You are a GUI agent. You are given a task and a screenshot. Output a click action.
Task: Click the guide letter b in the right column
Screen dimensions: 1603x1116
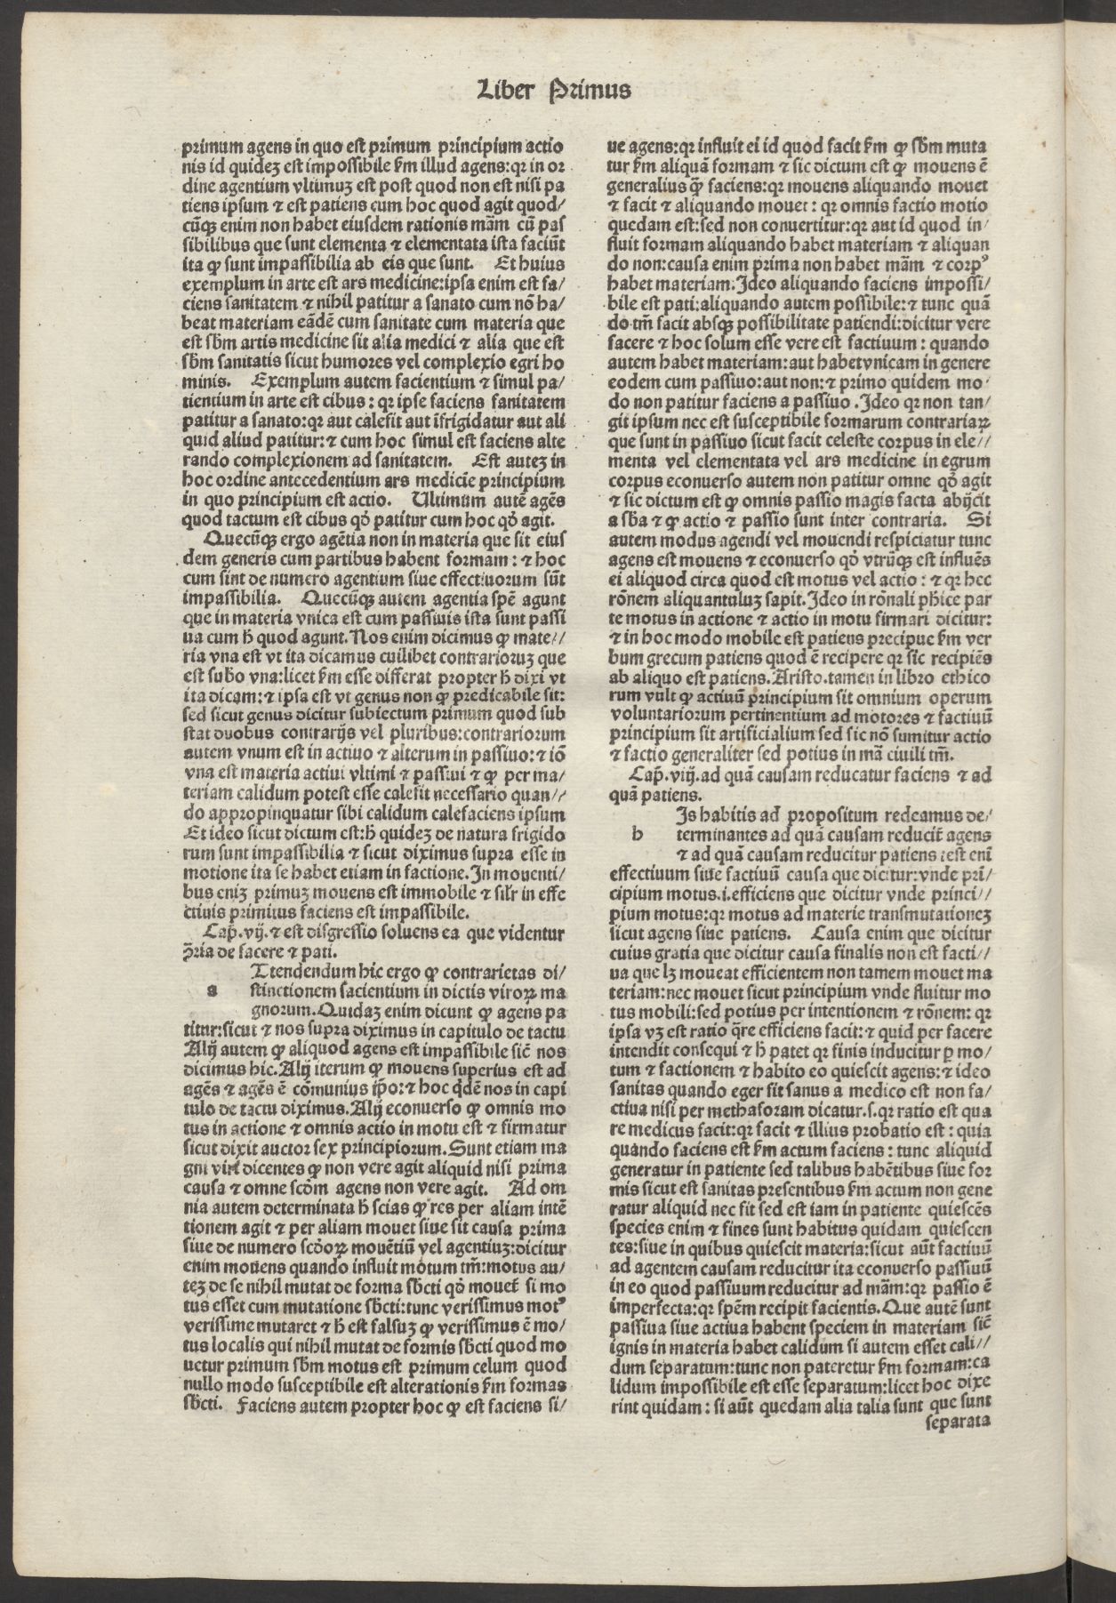(636, 834)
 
